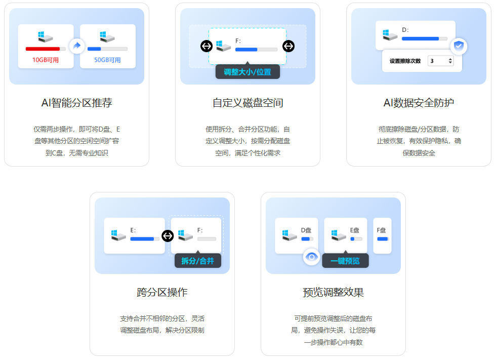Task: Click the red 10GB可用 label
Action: coord(46,60)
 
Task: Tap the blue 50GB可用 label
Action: coord(108,60)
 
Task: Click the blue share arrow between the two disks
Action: coord(76,46)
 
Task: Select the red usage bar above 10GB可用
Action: coord(43,49)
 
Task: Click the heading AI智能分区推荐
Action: coord(76,103)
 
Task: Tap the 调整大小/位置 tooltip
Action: coord(247,72)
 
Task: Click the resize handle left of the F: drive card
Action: coord(207,46)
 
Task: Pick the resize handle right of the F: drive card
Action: coord(288,46)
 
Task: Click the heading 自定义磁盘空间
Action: coord(247,103)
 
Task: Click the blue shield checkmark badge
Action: coord(459,46)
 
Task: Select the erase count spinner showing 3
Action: coord(440,61)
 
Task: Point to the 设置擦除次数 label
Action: coord(405,61)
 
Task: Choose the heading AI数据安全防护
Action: coord(419,103)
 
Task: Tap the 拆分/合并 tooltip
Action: coord(197,261)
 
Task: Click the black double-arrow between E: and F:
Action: coord(168,235)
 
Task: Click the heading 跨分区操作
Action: coord(162,292)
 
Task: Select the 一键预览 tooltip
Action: coord(345,261)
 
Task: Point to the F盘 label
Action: coord(382,230)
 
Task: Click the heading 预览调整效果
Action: coord(333,292)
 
